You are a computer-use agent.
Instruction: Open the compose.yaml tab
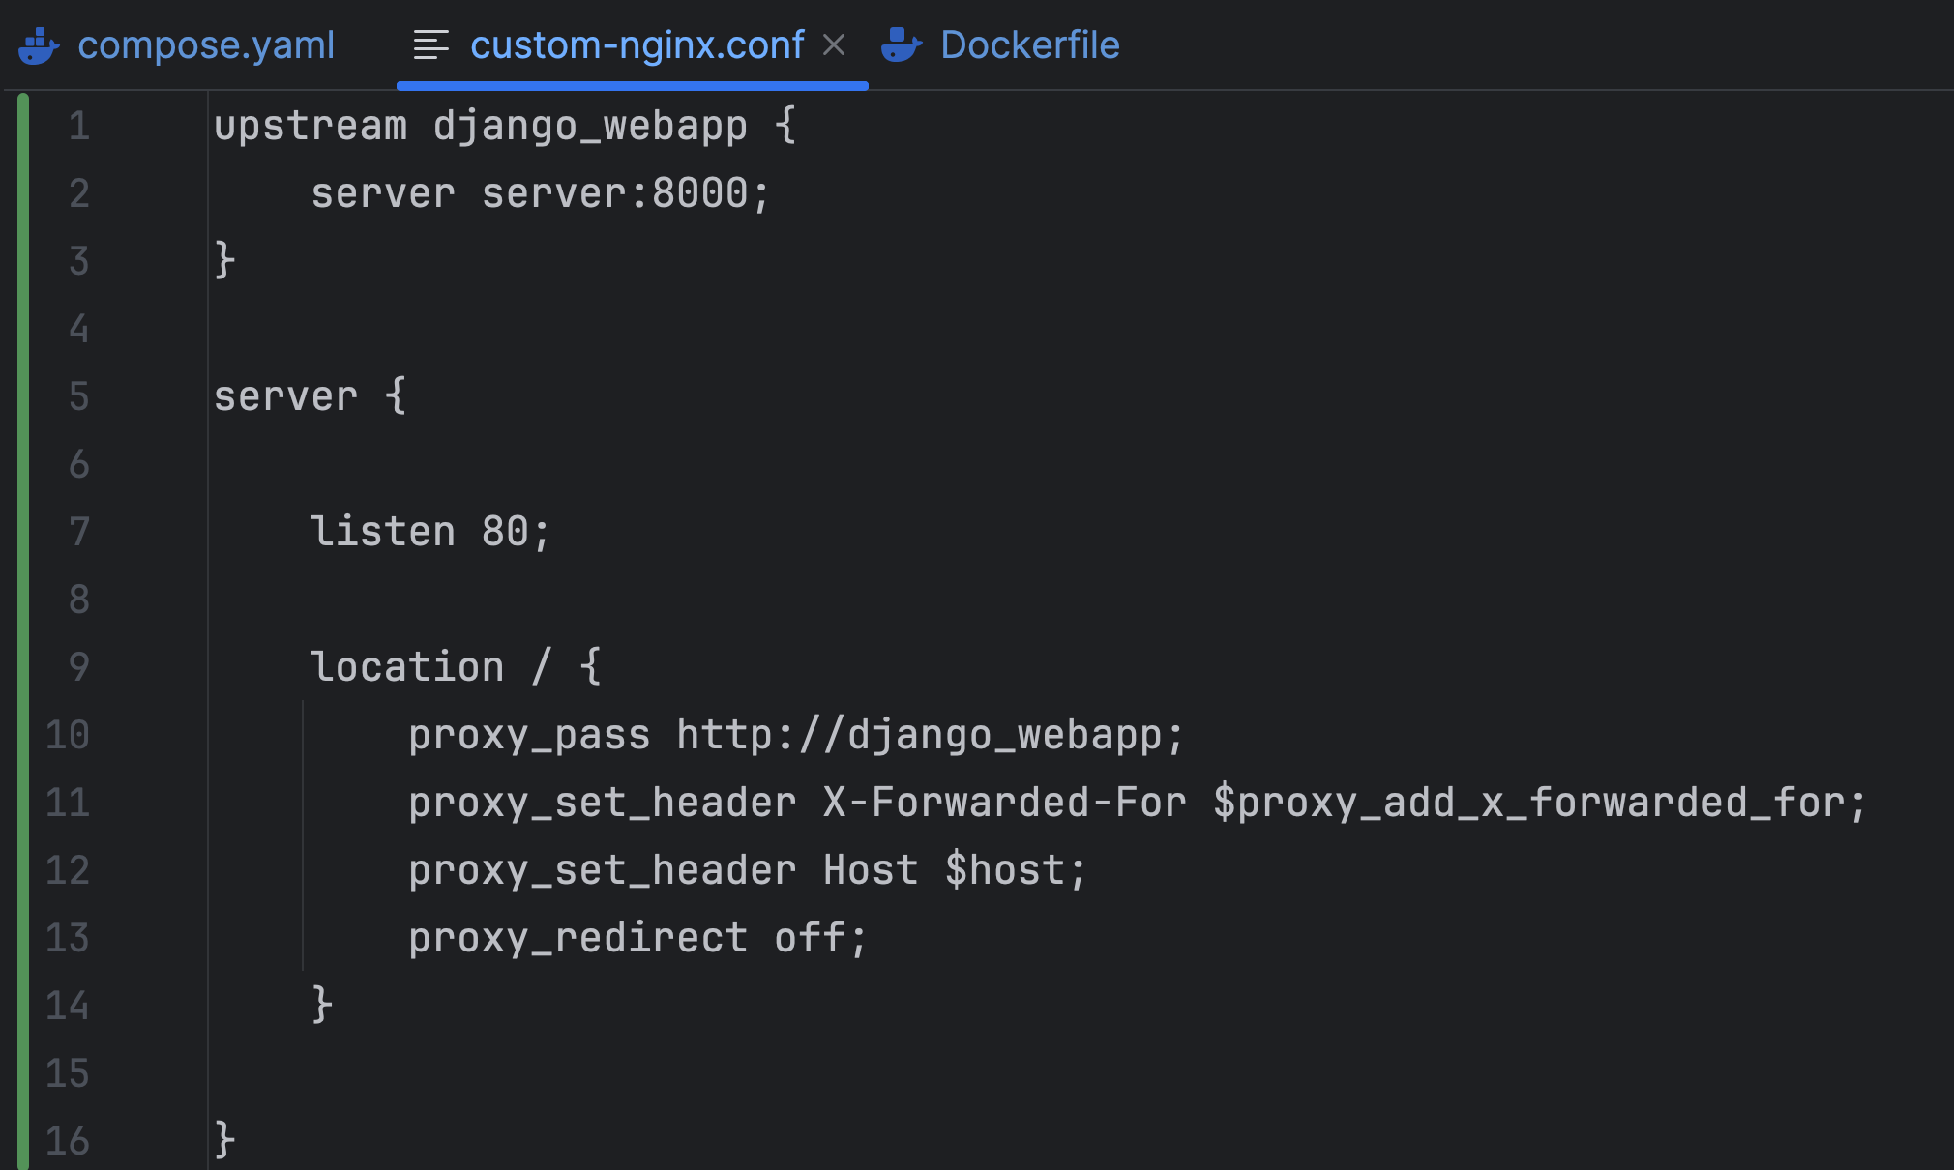[206, 44]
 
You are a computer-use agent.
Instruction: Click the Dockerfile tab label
[1030, 44]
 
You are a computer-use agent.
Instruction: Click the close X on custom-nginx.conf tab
[834, 44]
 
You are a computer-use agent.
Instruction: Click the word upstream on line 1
[311, 127]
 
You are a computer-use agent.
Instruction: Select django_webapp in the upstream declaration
[590, 127]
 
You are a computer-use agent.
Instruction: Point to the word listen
[382, 531]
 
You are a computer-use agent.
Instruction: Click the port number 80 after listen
[505, 531]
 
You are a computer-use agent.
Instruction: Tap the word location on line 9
[407, 666]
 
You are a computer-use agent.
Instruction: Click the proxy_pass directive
[529, 735]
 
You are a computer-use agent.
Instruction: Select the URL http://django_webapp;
[930, 735]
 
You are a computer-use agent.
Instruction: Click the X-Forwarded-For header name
[1004, 803]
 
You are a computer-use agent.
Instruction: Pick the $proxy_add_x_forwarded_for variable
[1540, 803]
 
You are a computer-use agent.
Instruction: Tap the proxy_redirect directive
[577, 938]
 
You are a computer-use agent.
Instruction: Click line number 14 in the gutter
[68, 1006]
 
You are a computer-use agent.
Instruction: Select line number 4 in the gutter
[79, 329]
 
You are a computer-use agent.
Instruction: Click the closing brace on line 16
[224, 1140]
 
